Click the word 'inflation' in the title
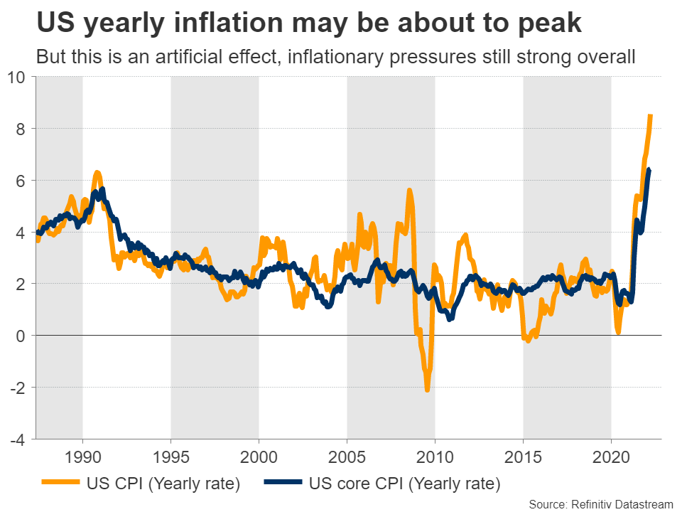point(217,24)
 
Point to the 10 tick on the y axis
point(17,77)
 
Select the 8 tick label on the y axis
point(21,129)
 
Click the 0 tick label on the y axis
point(21,336)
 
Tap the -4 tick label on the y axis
point(18,439)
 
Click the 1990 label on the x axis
point(82,455)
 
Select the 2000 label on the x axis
point(259,455)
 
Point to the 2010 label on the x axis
point(435,455)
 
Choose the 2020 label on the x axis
point(611,455)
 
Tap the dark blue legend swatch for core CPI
point(283,485)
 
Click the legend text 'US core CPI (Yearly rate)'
point(405,485)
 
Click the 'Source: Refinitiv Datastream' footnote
point(601,504)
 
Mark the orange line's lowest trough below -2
point(427,390)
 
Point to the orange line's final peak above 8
point(650,115)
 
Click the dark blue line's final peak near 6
point(648,169)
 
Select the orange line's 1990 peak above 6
point(97,172)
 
